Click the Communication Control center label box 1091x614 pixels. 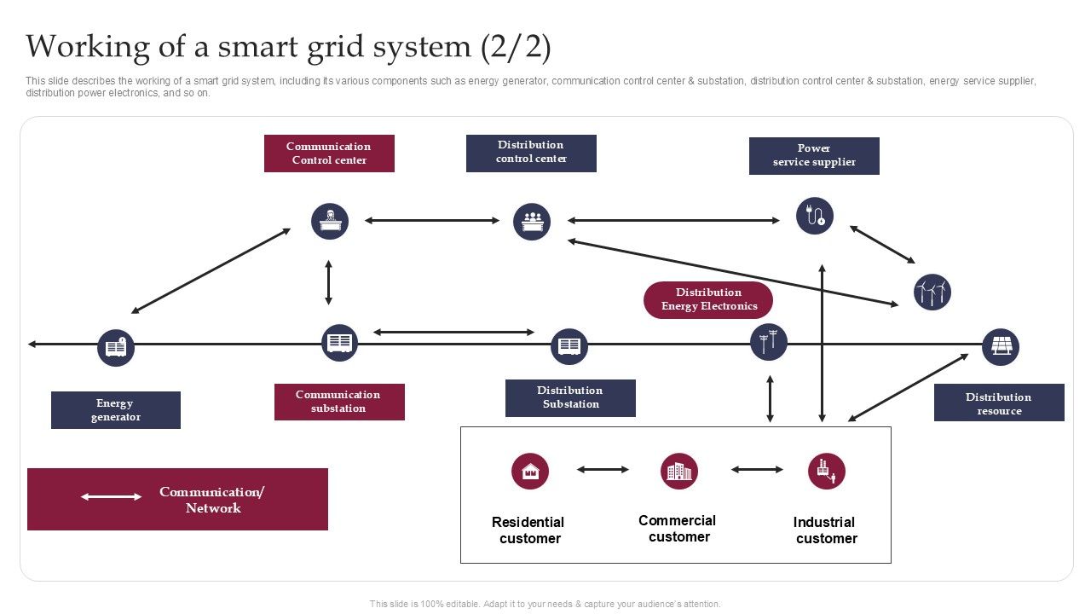[329, 153]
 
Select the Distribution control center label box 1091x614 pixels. [531, 153]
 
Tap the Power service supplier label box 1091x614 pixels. [814, 156]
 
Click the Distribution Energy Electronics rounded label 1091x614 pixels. [708, 300]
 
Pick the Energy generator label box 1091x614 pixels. [116, 410]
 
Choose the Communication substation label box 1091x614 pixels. [339, 402]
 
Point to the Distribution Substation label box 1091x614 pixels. [570, 398]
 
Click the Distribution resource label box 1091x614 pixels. [999, 403]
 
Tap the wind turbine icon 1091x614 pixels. [932, 293]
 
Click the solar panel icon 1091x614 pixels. [1001, 347]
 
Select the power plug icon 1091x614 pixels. [815, 216]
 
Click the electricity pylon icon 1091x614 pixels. [769, 342]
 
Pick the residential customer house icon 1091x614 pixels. [530, 471]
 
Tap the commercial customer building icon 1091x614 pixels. [679, 471]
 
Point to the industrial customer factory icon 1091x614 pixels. [827, 471]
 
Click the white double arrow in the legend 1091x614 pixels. [112, 496]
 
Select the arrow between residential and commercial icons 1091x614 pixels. [603, 469]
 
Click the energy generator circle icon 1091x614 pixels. [116, 347]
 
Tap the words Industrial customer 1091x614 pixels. [825, 530]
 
